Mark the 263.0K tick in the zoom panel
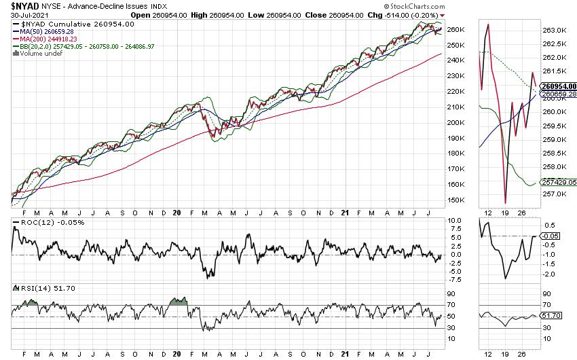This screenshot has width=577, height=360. (555, 31)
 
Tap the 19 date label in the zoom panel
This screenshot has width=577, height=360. (506, 211)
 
